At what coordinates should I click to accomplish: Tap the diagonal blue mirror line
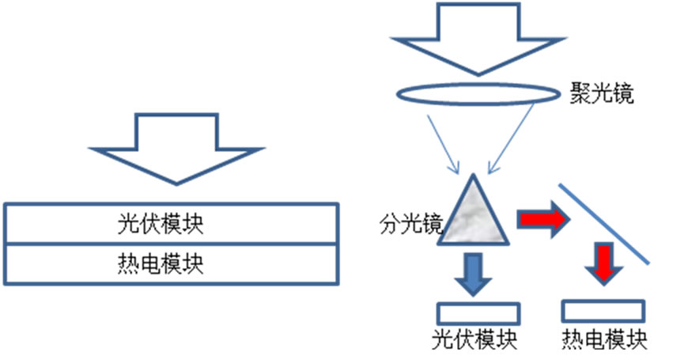click(605, 223)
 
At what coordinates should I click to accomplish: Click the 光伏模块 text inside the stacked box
click(172, 224)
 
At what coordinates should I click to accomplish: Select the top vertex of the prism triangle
click(474, 175)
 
